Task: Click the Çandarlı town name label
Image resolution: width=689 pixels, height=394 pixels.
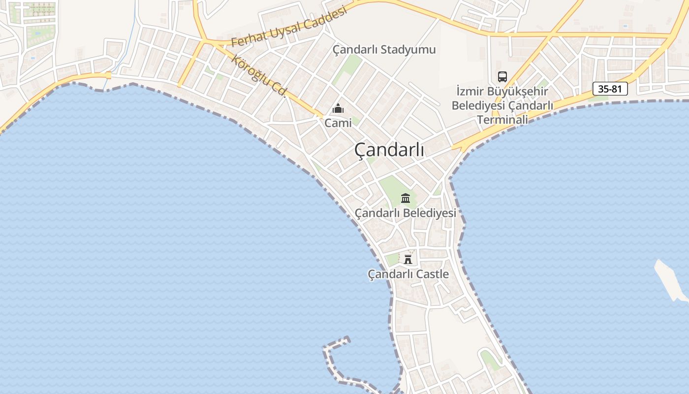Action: pyautogui.click(x=389, y=151)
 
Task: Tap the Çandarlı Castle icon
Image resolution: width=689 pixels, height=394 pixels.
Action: pyautogui.click(x=408, y=259)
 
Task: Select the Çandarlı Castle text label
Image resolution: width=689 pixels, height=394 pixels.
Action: pyautogui.click(x=408, y=274)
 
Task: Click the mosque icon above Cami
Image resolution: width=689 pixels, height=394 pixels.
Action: pyautogui.click(x=338, y=108)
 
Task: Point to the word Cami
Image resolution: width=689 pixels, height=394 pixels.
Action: pyautogui.click(x=338, y=123)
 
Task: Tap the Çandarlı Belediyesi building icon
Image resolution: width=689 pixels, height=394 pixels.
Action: pyautogui.click(x=406, y=198)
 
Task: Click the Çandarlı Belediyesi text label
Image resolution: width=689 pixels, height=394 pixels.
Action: pyautogui.click(x=406, y=213)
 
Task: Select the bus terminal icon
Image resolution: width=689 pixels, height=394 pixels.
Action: pyautogui.click(x=502, y=77)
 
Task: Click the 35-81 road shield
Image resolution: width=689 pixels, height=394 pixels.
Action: pyautogui.click(x=610, y=89)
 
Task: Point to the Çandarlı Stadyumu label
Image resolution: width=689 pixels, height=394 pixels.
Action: pyautogui.click(x=384, y=50)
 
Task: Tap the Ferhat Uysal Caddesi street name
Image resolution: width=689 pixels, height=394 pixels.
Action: pyautogui.click(x=289, y=27)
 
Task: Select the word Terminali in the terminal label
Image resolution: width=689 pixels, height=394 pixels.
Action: pyautogui.click(x=502, y=120)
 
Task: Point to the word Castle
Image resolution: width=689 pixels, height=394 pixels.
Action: pyautogui.click(x=432, y=274)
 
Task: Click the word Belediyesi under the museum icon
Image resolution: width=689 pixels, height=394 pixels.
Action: pyautogui.click(x=429, y=213)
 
